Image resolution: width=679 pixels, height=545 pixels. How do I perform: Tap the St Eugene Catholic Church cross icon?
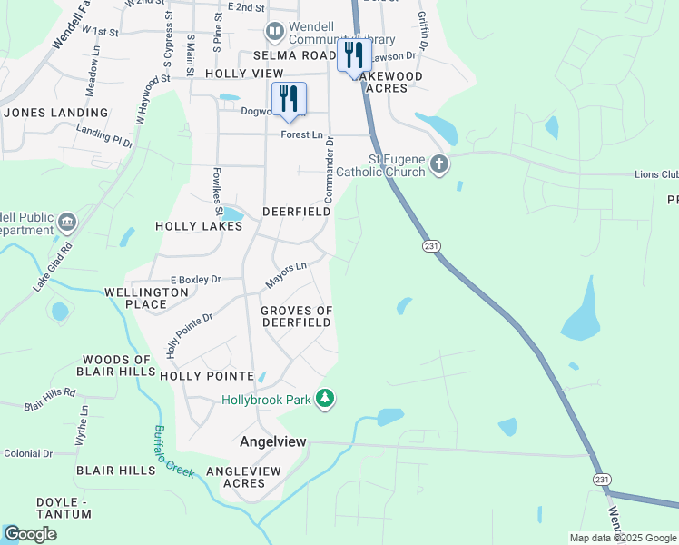tap(439, 164)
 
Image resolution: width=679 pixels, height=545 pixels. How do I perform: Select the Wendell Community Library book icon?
tap(275, 33)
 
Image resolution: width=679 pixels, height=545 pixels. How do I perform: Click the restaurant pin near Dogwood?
tap(289, 100)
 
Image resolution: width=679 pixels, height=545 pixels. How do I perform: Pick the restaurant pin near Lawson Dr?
tap(352, 54)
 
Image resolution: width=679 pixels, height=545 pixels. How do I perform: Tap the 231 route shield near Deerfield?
tap(430, 245)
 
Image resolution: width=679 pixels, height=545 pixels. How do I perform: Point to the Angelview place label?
tap(272, 441)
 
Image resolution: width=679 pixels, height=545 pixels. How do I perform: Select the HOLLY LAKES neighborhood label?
tap(199, 226)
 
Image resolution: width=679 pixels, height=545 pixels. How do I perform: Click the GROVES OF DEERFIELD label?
tap(297, 316)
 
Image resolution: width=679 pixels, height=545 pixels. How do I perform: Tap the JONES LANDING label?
tap(56, 113)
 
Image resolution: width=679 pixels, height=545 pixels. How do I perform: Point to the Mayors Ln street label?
tap(286, 273)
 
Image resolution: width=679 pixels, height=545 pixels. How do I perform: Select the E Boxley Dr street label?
tap(196, 280)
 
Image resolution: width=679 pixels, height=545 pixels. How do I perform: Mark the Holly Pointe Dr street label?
tap(189, 334)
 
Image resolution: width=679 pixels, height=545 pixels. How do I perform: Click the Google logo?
tap(30, 534)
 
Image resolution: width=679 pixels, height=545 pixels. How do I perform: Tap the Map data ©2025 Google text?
tap(622, 538)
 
